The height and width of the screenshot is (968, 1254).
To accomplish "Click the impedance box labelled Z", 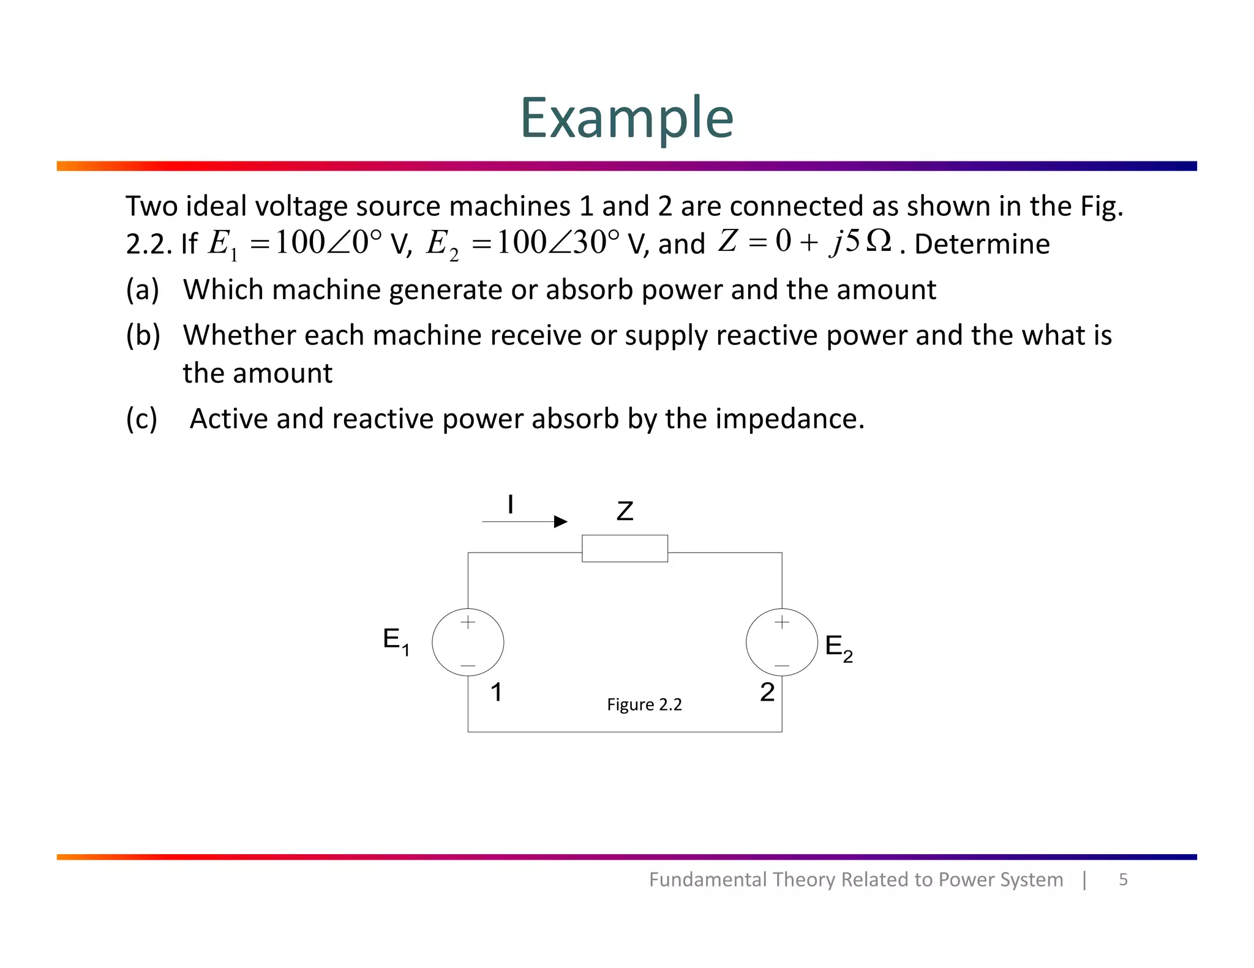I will pos(625,548).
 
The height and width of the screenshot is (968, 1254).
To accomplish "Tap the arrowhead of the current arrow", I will pos(561,522).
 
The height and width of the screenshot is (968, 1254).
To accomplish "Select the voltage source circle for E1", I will pos(468,642).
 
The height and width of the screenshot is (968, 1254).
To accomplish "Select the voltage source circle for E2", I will pos(782,642).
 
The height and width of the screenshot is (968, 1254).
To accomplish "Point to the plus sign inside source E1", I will pos(468,622).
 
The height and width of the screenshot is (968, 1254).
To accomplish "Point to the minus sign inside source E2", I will pos(782,665).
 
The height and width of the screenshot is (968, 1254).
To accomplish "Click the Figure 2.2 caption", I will pos(644,705).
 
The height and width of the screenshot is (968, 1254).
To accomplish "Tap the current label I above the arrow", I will pos(510,505).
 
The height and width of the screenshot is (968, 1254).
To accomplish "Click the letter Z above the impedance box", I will pos(625,512).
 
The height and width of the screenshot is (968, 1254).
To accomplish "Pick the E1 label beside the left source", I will pos(396,641).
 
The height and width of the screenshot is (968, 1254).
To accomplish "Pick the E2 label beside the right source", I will pos(838,648).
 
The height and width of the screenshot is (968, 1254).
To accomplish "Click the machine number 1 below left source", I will pos(496,693).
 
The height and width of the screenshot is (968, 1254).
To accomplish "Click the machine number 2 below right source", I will pos(767,693).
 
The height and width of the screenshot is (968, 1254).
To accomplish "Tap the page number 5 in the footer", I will pos(1123,880).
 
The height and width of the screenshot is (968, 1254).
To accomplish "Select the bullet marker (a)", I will pos(142,290).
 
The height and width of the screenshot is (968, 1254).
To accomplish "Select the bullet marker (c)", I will pos(141,419).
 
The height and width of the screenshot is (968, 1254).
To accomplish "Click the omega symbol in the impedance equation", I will pos(879,241).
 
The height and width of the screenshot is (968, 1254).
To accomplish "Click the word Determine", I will pos(982,244).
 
